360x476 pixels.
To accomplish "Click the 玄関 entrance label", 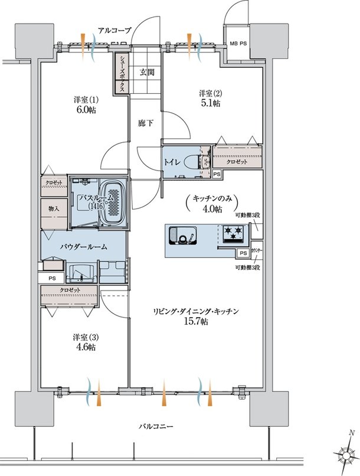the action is (x=147, y=72).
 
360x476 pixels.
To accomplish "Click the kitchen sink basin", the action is (x=184, y=235).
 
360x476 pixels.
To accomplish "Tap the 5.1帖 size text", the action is (x=211, y=103).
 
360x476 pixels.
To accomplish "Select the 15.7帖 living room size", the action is (x=196, y=322).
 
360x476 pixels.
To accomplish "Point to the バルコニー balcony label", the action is (x=156, y=426).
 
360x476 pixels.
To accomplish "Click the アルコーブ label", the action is (x=114, y=30).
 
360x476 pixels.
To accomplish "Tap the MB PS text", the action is (x=238, y=44).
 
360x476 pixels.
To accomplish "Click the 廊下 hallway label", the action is (x=146, y=123).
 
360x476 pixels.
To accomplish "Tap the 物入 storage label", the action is (x=53, y=209).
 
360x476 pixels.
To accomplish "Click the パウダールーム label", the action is (x=83, y=247).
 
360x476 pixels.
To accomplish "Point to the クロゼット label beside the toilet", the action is (x=237, y=162).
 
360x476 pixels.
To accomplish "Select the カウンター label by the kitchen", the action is (x=257, y=251).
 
